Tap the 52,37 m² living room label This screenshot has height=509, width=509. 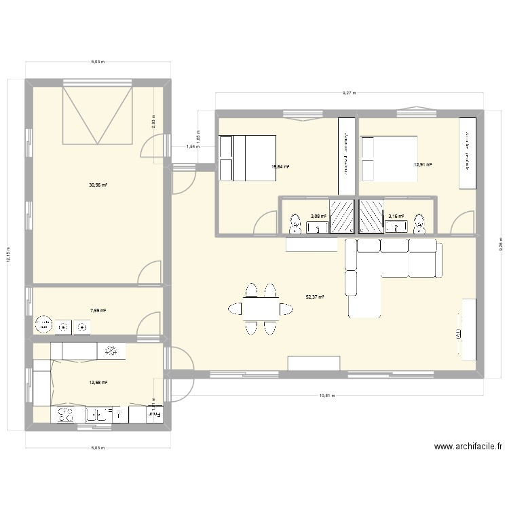tap(315, 297)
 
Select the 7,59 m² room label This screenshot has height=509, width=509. tap(98, 311)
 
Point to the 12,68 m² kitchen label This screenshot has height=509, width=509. tap(98, 383)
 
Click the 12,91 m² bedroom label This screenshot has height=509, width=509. tap(423, 164)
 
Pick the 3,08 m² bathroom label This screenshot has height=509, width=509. tap(318, 216)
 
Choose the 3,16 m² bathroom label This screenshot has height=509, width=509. tap(396, 216)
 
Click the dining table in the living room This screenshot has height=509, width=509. tap(261, 309)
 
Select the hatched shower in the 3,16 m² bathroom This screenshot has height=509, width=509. tap(371, 216)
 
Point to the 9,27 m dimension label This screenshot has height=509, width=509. tap(350, 93)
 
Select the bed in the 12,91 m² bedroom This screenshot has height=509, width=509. tap(389, 159)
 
